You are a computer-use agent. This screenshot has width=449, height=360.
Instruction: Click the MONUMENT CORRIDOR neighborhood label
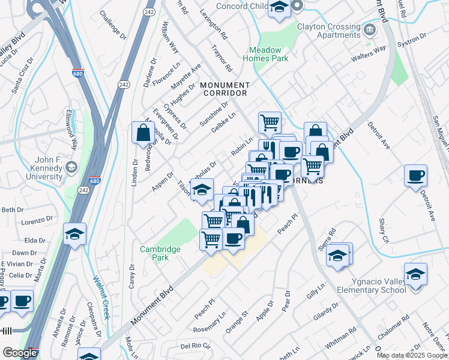click(224, 89)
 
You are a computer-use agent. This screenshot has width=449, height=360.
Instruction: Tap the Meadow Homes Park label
click(265, 54)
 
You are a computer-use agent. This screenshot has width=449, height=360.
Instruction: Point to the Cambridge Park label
click(160, 253)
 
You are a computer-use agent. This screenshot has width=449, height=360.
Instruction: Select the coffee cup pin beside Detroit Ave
click(415, 176)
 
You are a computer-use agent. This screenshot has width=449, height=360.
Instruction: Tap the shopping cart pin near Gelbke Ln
click(270, 122)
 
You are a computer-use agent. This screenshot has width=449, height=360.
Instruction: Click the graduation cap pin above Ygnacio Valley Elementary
click(415, 274)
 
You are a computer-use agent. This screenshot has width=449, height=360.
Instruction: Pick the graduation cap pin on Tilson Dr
click(202, 189)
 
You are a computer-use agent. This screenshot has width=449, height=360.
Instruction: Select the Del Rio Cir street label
click(196, 346)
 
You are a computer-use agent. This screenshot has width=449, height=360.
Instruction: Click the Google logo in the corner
click(19, 353)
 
